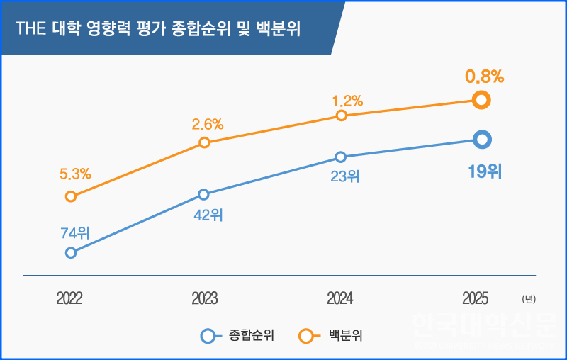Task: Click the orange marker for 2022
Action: (x=70, y=196)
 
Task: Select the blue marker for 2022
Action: (x=70, y=252)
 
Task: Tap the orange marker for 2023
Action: (x=204, y=142)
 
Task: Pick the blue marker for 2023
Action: (x=203, y=194)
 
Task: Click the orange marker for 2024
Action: (x=341, y=116)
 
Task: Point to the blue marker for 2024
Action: (x=340, y=157)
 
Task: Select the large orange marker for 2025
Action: (x=481, y=100)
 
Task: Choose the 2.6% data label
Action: (x=207, y=124)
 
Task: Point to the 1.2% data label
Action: (x=347, y=100)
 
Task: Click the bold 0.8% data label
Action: (x=484, y=77)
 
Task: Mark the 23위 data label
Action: (x=345, y=176)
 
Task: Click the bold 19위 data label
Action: (x=484, y=171)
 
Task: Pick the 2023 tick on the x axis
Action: (x=204, y=298)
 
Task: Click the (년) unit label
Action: (x=528, y=299)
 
